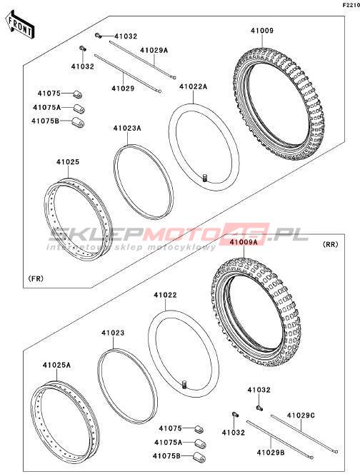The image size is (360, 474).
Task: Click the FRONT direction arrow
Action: (x=20, y=24)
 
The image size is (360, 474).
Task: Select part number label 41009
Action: (x=262, y=31)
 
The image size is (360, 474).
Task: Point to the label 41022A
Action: (x=194, y=86)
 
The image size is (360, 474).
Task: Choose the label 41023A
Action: (x=127, y=128)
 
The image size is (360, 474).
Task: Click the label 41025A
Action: (x=56, y=365)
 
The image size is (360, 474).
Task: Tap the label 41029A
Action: (x=154, y=50)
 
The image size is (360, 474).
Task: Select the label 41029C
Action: (x=301, y=415)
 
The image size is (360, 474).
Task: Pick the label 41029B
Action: (x=271, y=453)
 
